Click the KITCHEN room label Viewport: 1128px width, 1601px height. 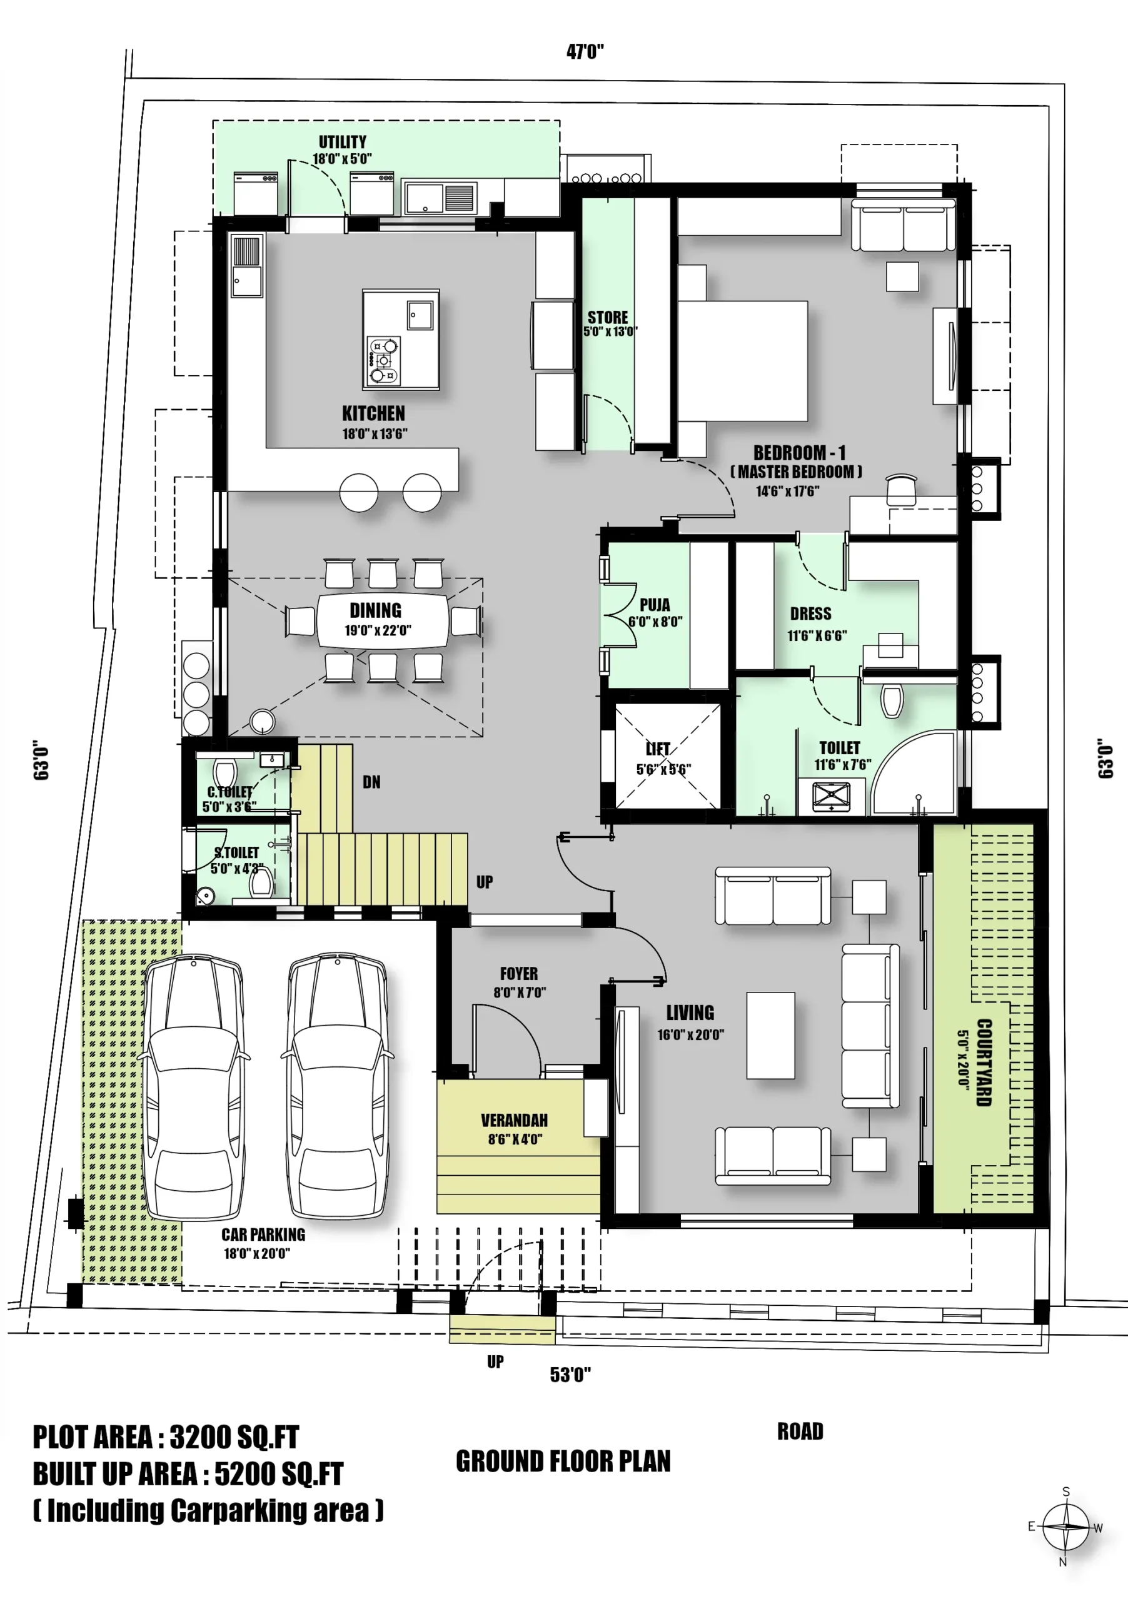[x=373, y=413]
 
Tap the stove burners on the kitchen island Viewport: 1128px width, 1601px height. [x=383, y=360]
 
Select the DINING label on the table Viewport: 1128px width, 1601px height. [x=375, y=611]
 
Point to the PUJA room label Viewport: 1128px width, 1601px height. [x=655, y=605]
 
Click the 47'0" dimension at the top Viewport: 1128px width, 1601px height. [x=585, y=52]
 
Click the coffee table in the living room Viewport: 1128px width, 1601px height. [x=770, y=1036]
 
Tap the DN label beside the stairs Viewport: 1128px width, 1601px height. [x=371, y=782]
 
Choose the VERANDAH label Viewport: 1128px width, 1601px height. [x=515, y=1121]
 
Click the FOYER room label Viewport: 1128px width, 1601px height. [x=519, y=974]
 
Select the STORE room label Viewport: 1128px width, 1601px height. [x=607, y=317]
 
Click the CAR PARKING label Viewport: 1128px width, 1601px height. [x=263, y=1235]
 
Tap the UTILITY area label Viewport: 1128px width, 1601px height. [x=342, y=142]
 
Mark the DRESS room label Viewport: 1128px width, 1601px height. [x=811, y=614]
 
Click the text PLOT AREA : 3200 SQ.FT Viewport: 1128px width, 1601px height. [x=166, y=1437]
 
